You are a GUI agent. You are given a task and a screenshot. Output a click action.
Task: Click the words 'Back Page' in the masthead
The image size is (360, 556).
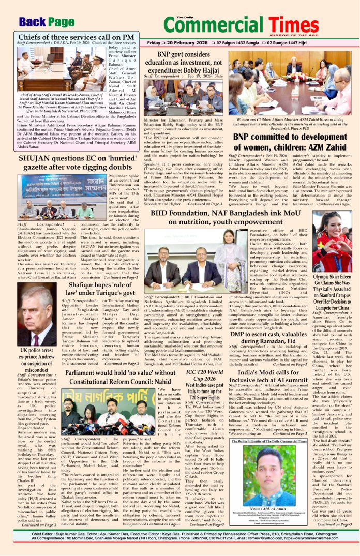[47, 22]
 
